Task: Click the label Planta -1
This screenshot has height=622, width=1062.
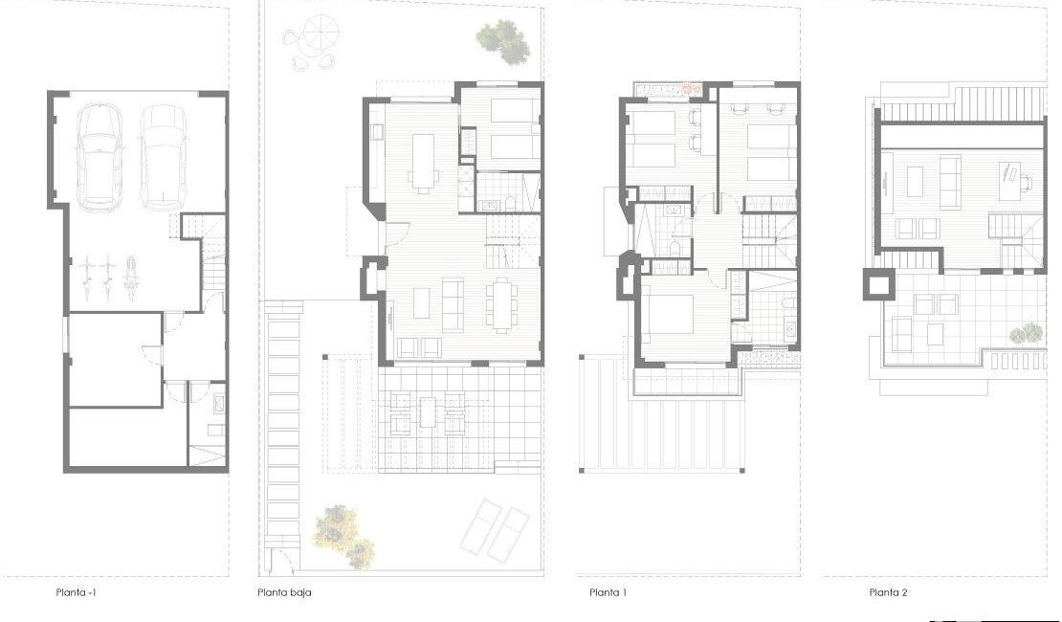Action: tap(76, 592)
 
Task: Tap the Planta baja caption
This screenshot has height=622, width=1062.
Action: tap(284, 592)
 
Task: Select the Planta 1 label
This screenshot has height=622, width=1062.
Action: tap(608, 592)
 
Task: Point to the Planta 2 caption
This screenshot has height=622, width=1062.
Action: tap(888, 592)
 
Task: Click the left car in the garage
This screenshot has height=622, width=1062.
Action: tap(99, 157)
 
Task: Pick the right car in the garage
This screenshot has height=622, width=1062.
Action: tap(164, 157)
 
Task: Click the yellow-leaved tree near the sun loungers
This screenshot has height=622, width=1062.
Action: tap(343, 535)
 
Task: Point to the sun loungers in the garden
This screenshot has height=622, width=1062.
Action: tap(495, 530)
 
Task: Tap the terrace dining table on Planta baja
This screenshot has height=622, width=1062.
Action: tap(428, 412)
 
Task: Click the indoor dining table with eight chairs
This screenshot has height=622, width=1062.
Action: tap(502, 304)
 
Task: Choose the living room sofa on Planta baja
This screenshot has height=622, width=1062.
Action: tap(453, 305)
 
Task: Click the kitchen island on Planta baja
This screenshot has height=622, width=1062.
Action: tap(423, 160)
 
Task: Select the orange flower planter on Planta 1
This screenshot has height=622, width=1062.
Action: tap(690, 89)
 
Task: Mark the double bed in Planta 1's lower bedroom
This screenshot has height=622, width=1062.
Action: tap(667, 315)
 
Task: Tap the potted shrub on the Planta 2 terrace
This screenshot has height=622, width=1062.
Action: tap(1027, 333)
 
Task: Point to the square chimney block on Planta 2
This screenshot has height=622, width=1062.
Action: tap(879, 284)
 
